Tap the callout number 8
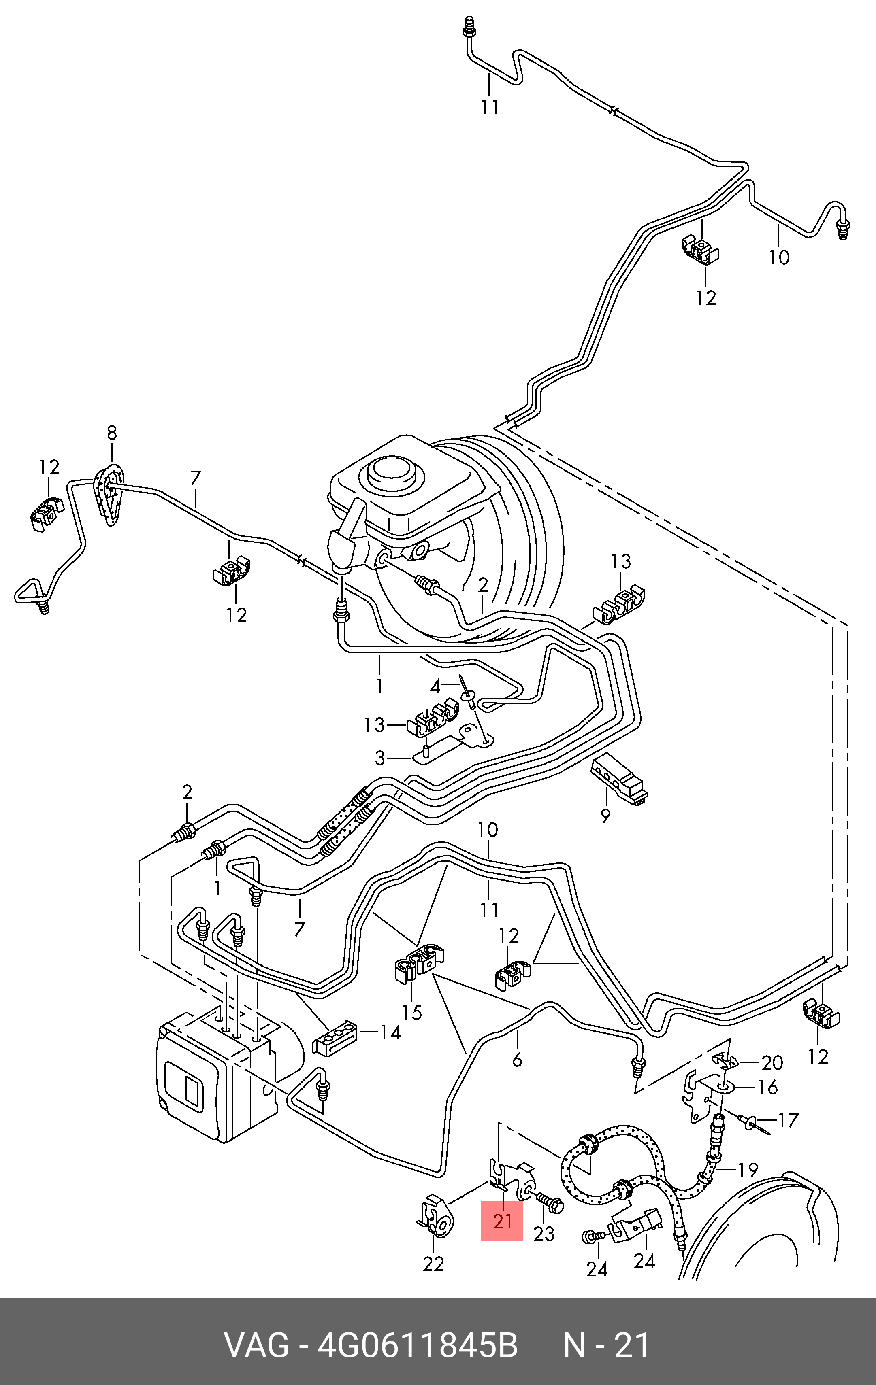click(112, 433)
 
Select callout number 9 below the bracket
click(605, 816)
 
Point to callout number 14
click(390, 1032)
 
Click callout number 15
click(412, 1012)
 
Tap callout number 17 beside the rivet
click(789, 1120)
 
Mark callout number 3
click(380, 758)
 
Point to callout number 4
click(436, 687)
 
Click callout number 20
click(772, 1062)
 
